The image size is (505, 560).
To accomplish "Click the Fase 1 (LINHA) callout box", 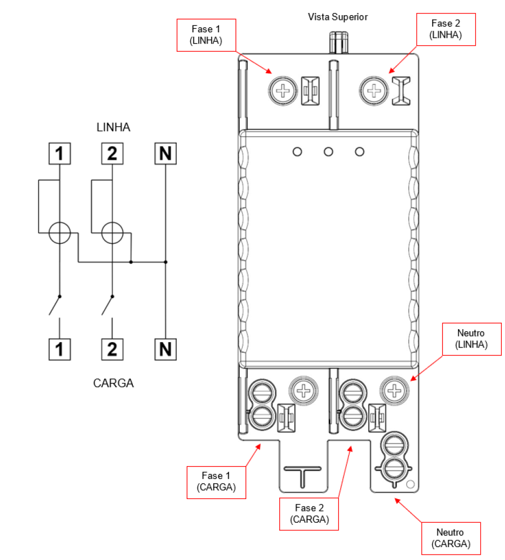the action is [206, 35].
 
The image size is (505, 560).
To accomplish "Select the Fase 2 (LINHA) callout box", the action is [446, 29].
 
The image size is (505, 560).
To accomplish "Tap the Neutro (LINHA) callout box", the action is [472, 339].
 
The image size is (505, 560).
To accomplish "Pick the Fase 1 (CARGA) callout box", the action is [217, 482].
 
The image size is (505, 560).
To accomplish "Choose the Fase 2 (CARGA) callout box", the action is [309, 514].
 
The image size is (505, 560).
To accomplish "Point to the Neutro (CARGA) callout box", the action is [451, 538].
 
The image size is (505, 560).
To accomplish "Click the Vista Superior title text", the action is [338, 17].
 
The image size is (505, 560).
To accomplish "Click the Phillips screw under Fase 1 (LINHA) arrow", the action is [283, 91].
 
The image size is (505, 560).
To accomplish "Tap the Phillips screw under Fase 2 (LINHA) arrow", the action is [374, 91].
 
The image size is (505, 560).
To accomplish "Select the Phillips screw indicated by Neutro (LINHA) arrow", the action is [394, 391].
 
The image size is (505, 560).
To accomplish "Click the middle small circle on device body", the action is [328, 152].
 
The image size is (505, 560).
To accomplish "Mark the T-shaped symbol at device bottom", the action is [302, 475].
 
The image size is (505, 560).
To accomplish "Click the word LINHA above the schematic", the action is [113, 127].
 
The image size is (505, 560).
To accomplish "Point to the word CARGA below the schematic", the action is [113, 383].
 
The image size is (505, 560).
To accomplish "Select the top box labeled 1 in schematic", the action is [59, 154].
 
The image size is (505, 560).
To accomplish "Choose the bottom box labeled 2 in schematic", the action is [112, 349].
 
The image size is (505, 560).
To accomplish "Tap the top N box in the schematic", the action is [166, 154].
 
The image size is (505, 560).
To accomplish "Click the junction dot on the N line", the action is [166, 262].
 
